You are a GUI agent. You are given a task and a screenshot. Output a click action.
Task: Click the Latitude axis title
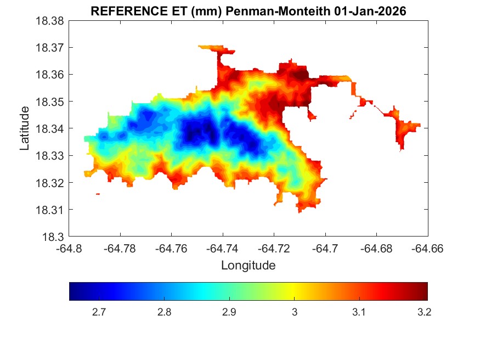pos(25,129)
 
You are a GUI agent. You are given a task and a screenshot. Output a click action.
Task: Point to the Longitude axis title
pos(248,266)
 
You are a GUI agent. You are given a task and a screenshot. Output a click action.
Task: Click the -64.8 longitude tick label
pos(70,249)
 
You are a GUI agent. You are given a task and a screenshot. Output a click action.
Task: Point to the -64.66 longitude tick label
pos(427,249)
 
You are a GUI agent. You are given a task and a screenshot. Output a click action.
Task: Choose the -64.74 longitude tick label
pos(223,249)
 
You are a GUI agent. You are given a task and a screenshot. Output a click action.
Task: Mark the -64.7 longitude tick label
pos(325,249)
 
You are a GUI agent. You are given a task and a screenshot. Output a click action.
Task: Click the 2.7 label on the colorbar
pos(99,313)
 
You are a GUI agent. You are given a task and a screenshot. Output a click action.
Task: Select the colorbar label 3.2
pos(423,313)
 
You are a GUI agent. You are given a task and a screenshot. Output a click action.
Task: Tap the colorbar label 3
pos(295,313)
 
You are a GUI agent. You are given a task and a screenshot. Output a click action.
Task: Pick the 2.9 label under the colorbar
pos(229,313)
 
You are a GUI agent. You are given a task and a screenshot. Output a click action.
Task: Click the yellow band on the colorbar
pos(295,291)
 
